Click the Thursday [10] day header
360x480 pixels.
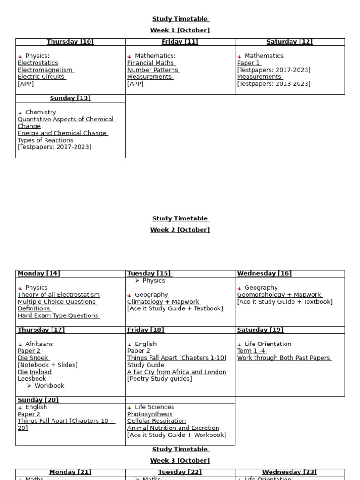[70, 42]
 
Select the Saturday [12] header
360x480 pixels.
[290, 42]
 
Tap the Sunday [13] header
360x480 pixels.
[70, 98]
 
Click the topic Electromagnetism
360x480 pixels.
[45, 70]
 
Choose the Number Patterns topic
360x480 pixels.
[153, 70]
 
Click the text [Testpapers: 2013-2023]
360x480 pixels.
[274, 84]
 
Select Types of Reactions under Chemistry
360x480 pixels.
[46, 140]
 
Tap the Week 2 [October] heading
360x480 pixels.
[180, 230]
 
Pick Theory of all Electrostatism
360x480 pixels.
[59, 295]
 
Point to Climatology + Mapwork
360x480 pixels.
[164, 302]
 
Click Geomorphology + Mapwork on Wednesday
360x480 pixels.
[279, 295]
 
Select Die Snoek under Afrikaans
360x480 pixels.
[33, 358]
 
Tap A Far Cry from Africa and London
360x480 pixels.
[177, 372]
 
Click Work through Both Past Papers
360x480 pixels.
[284, 358]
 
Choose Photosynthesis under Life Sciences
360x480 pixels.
[150, 414]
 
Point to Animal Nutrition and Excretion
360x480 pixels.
[173, 428]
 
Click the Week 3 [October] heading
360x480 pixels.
[180, 461]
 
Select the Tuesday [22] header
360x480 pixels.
[180, 472]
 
